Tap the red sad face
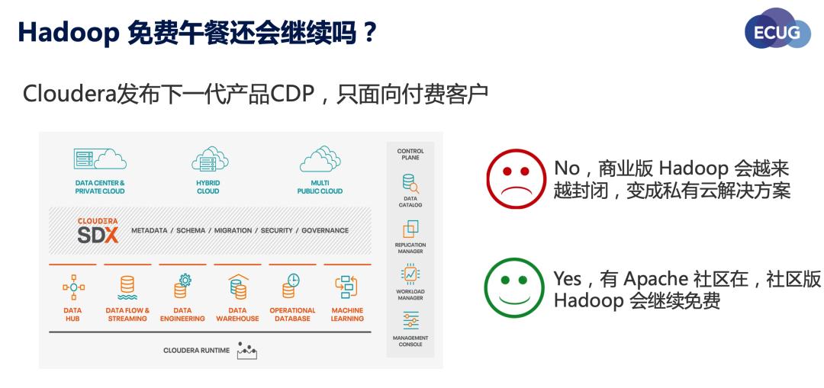517,179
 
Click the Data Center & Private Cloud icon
100,159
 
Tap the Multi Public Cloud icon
320,159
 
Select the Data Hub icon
72,287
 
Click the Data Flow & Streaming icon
127,287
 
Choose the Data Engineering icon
182,286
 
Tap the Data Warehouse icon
237,287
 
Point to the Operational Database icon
291,286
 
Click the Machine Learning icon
347,287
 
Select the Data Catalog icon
410,184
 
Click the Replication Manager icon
410,229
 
